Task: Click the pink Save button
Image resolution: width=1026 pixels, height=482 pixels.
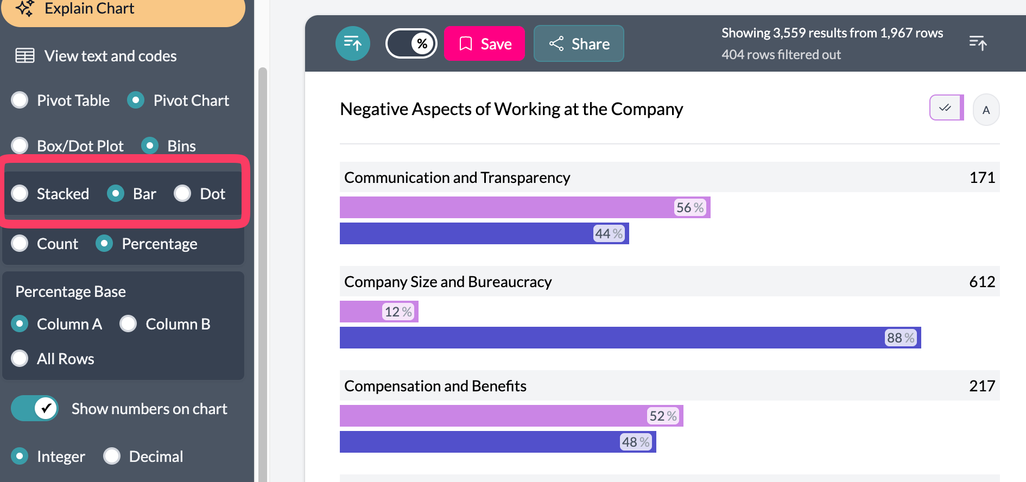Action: (484, 43)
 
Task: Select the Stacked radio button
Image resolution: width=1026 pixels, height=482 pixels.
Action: (20, 193)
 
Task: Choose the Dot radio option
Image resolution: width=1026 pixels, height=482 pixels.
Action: (183, 193)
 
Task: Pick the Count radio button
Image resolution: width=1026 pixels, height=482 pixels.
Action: (20, 243)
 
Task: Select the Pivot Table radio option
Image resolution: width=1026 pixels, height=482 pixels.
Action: (20, 100)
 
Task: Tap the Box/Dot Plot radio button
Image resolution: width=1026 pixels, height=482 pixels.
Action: (20, 145)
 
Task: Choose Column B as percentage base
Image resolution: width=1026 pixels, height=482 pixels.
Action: (129, 324)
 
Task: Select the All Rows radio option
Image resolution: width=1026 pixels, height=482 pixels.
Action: (20, 358)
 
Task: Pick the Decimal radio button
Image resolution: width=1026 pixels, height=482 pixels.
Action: (112, 456)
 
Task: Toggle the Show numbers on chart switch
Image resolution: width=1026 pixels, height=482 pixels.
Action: (35, 408)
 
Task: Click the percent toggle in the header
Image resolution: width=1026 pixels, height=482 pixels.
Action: (411, 43)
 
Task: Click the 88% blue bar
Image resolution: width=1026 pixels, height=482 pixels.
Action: (630, 338)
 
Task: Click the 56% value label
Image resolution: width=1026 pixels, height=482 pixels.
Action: (689, 207)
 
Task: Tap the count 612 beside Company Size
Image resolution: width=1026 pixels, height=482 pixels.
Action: (981, 281)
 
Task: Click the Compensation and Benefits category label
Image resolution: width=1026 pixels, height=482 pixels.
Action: (435, 386)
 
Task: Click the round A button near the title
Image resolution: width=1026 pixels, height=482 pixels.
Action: (986, 110)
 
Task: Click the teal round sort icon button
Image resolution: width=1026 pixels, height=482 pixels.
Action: (353, 43)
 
